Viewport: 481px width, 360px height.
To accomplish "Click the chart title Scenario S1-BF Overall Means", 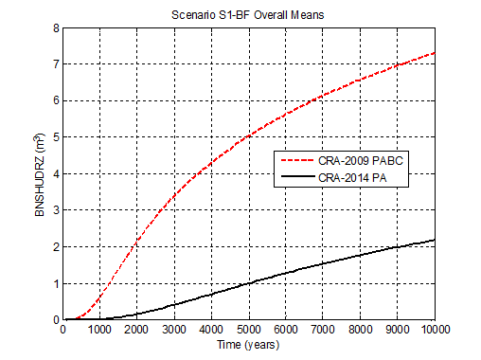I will tap(248, 13).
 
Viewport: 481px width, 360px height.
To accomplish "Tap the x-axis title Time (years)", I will tap(248, 345).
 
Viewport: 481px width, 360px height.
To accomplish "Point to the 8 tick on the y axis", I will tap(55, 28).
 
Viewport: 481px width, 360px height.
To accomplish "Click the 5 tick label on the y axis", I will tap(55, 137).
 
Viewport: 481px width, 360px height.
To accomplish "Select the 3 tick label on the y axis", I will tap(55, 210).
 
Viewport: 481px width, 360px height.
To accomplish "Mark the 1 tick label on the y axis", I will tap(55, 283).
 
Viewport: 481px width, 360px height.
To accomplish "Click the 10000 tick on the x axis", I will tap(434, 331).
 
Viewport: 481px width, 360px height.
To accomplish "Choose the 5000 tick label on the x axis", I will tap(248, 331).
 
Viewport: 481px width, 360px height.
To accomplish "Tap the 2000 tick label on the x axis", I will tap(136, 331).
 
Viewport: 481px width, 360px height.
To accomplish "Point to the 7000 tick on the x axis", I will tap(322, 331).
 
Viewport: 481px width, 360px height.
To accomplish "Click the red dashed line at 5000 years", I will tap(248, 135).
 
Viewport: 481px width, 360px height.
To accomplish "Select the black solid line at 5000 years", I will tap(248, 282).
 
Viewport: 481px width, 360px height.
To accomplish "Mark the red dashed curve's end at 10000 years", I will tap(434, 53).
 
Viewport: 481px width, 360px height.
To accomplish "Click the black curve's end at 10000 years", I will tap(434, 240).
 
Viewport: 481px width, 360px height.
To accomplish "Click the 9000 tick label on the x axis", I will tap(397, 331).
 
